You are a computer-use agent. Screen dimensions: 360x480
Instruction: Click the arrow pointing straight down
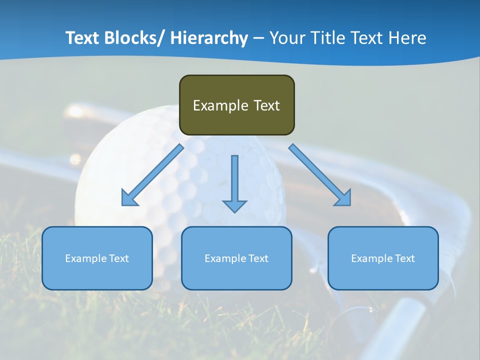click(x=234, y=182)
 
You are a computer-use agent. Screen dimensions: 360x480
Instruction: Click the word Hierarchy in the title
click(x=209, y=38)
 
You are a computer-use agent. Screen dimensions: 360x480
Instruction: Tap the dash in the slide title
click(x=258, y=38)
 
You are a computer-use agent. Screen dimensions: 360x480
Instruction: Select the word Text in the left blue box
click(x=118, y=258)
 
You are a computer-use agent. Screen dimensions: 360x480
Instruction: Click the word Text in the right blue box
click(x=404, y=258)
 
